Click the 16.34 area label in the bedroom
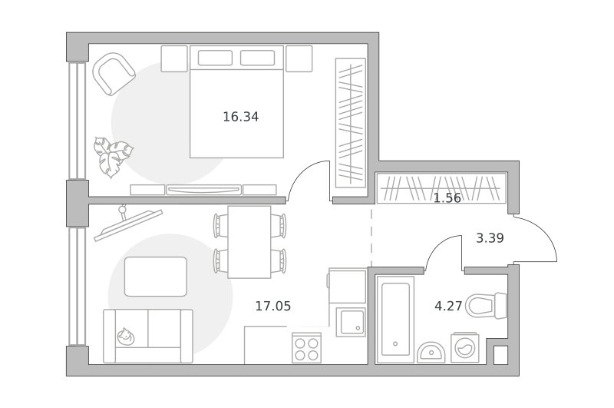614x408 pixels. [240, 117]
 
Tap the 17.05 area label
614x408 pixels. [273, 306]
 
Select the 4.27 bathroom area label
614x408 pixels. [448, 306]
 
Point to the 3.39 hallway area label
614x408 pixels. [490, 238]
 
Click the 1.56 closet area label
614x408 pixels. [447, 198]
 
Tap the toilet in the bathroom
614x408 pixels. [486, 305]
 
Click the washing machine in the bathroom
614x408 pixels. [465, 347]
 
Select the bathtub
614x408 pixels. [395, 320]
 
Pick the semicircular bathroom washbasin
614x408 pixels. [431, 353]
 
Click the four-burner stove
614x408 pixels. [306, 348]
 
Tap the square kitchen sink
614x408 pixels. [351, 322]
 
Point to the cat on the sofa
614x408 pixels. [126, 337]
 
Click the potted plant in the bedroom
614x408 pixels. [113, 157]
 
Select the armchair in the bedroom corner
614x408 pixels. [114, 74]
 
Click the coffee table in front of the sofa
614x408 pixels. [156, 277]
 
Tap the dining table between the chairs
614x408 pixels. [249, 242]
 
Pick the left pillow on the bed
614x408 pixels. [215, 58]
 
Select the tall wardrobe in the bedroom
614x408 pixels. [351, 123]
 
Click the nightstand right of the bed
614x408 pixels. [299, 59]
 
